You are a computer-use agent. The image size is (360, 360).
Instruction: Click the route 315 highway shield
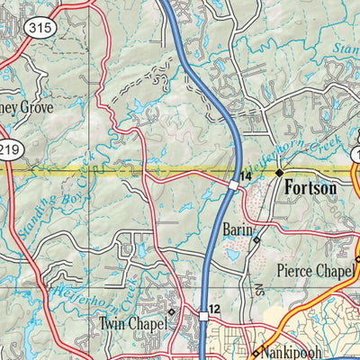coord(44,28)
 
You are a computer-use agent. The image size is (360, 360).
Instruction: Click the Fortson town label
coord(310,189)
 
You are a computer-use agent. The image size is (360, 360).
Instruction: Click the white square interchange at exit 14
coord(233,184)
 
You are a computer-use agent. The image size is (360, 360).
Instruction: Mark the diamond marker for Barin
coord(256,240)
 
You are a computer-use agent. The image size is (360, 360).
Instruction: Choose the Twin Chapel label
coord(133,322)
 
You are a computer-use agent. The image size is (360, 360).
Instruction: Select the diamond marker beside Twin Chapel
coord(172,312)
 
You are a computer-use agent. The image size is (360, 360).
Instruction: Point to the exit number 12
coord(213,310)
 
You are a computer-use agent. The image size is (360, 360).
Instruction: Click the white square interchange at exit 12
coord(202,318)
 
